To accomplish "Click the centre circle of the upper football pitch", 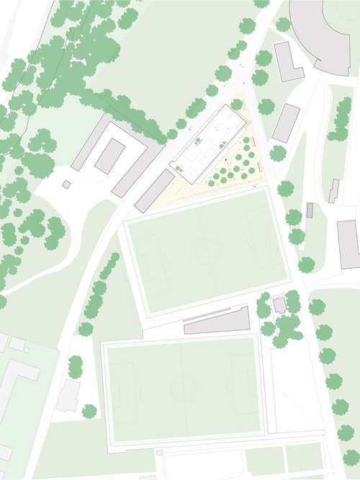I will pos(207,252).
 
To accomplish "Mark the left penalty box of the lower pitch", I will pos(122,392).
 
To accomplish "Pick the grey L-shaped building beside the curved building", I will pos(288,62).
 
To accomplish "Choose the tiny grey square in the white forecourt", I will pos(66,185).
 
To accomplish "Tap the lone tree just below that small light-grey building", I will pos(89,412).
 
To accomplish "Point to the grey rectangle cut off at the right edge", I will pos(348,244).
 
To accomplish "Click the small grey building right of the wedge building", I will pos(279,305).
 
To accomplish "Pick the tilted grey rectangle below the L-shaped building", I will pos(286,123).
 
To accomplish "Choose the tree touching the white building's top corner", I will pos(237,105).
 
